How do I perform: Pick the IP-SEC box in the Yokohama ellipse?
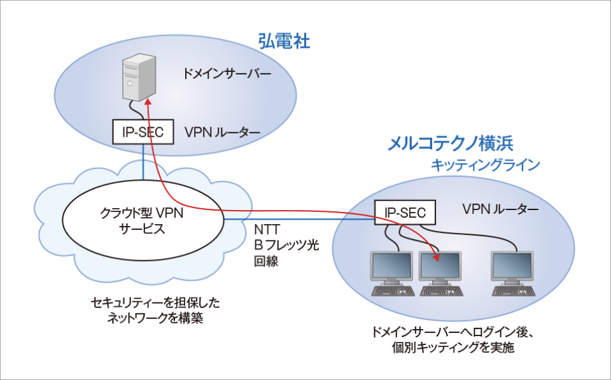point(405,212)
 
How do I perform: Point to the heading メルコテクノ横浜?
point(451,143)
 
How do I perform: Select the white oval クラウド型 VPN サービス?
point(143,221)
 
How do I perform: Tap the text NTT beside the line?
point(267,229)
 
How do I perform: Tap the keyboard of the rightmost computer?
point(514,292)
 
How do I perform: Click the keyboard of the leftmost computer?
point(393,292)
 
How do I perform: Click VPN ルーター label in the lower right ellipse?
point(500,209)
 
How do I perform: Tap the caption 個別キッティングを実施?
point(454,348)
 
